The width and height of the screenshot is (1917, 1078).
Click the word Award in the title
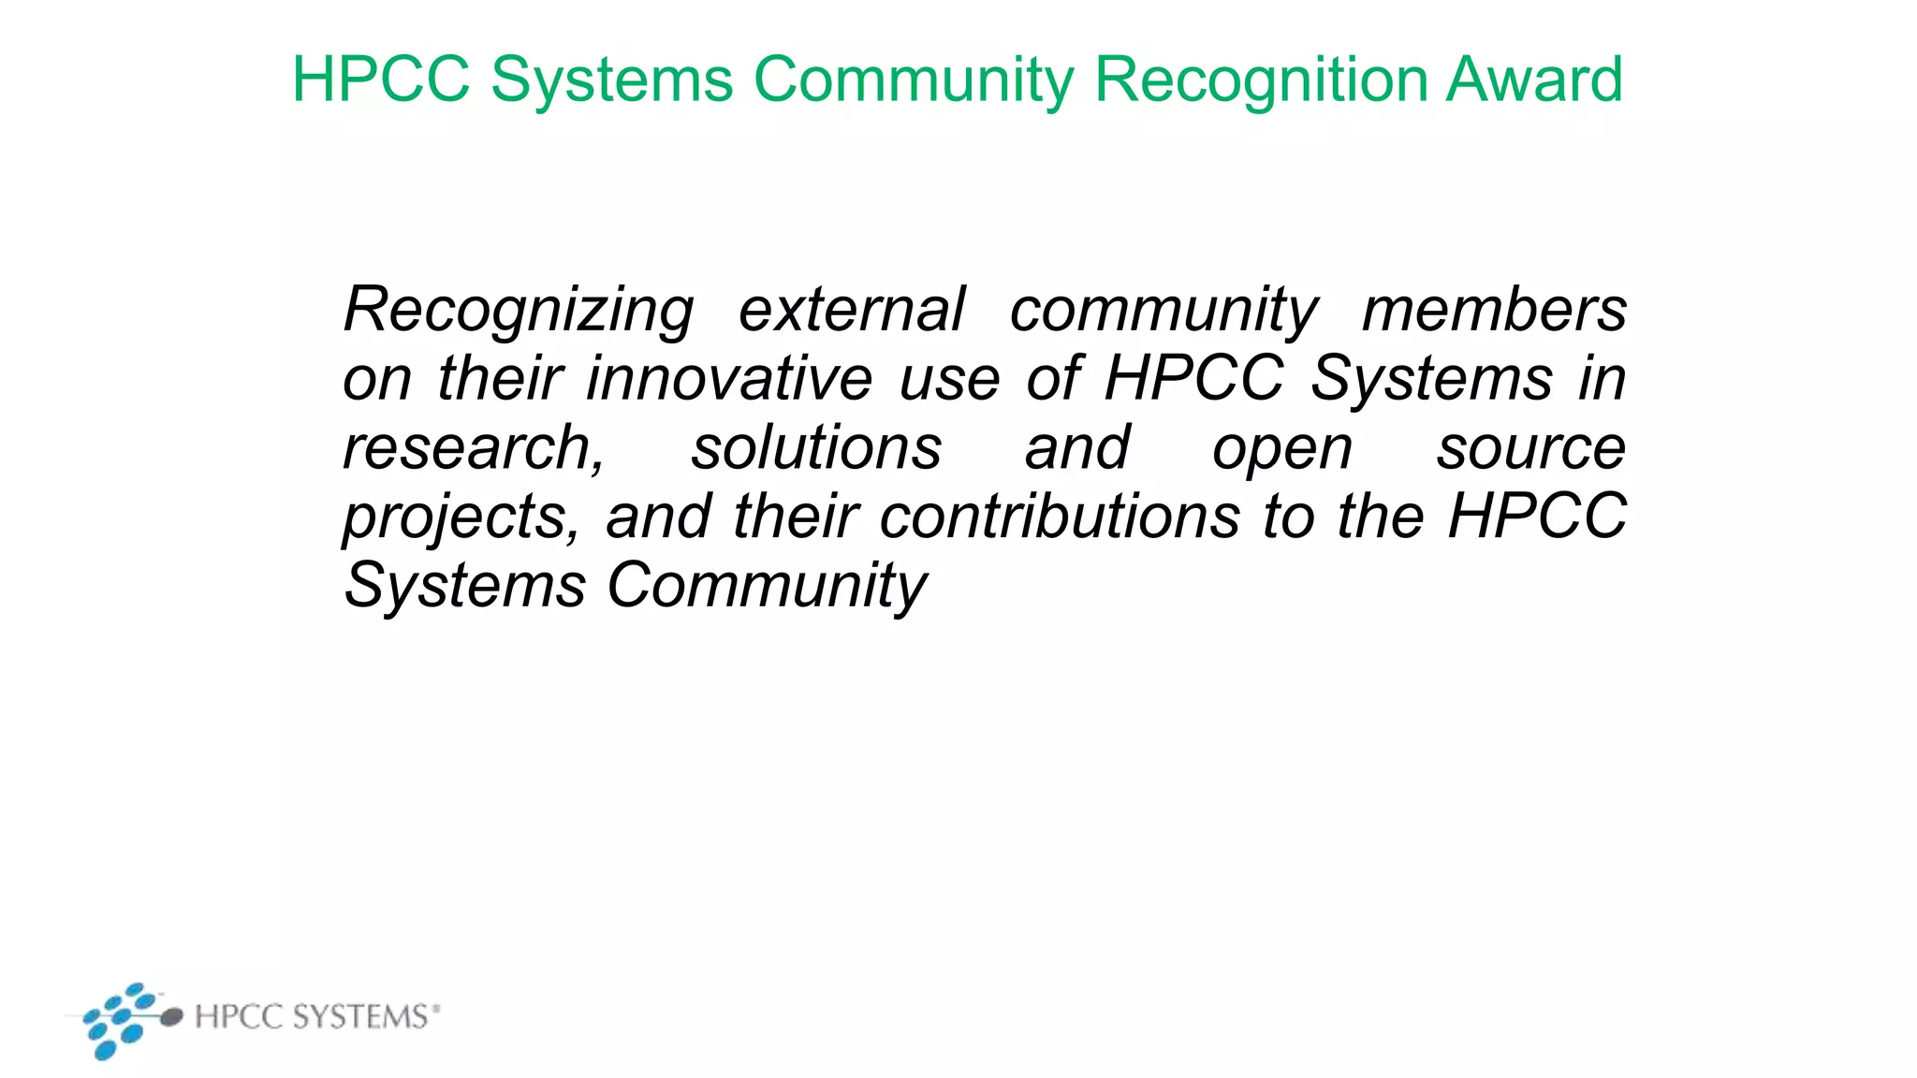click(1534, 80)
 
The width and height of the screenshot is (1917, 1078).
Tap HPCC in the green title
click(380, 80)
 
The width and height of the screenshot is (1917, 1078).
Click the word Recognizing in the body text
click(519, 311)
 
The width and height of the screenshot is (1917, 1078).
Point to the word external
click(851, 310)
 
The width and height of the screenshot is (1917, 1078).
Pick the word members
click(1494, 310)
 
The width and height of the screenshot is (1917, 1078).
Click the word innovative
click(729, 379)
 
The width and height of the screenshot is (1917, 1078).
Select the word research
click(468, 448)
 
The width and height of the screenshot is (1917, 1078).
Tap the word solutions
click(816, 448)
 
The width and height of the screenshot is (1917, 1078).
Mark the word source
click(1531, 448)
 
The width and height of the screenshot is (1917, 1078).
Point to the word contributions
click(1060, 517)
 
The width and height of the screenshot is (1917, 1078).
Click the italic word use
click(949, 380)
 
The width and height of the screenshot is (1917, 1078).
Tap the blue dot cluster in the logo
click(118, 1020)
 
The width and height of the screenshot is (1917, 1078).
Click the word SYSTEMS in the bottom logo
click(360, 1016)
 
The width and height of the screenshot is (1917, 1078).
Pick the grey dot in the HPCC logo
click(170, 1017)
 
